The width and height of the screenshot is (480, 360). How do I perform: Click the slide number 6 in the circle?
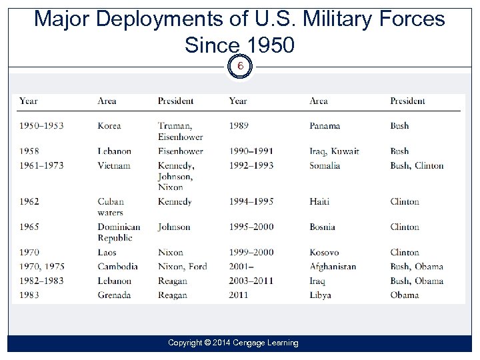pos(240,67)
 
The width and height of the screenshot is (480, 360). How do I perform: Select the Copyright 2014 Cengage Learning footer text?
pos(233,343)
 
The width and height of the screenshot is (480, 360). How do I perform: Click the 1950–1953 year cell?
pos(41,125)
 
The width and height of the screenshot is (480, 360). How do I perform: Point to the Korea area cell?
pos(109,125)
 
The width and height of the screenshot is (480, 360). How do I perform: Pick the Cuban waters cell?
pos(111,207)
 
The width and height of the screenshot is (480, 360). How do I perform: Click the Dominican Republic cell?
pos(119,232)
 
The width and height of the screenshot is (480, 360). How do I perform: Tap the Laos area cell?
pos(107,252)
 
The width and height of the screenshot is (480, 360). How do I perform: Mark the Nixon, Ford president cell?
pos(182,266)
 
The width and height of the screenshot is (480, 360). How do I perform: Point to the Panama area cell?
pos(325,125)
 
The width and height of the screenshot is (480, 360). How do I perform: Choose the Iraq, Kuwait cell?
pos(334,151)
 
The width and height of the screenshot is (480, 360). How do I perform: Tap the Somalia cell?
pos(325,165)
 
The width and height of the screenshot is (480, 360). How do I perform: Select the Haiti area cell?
pos(319,201)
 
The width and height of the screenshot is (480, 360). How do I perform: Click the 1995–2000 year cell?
pos(251,227)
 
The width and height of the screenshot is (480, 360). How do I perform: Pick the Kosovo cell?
pos(324,252)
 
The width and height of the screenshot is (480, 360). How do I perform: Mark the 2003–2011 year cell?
pos(251,281)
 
